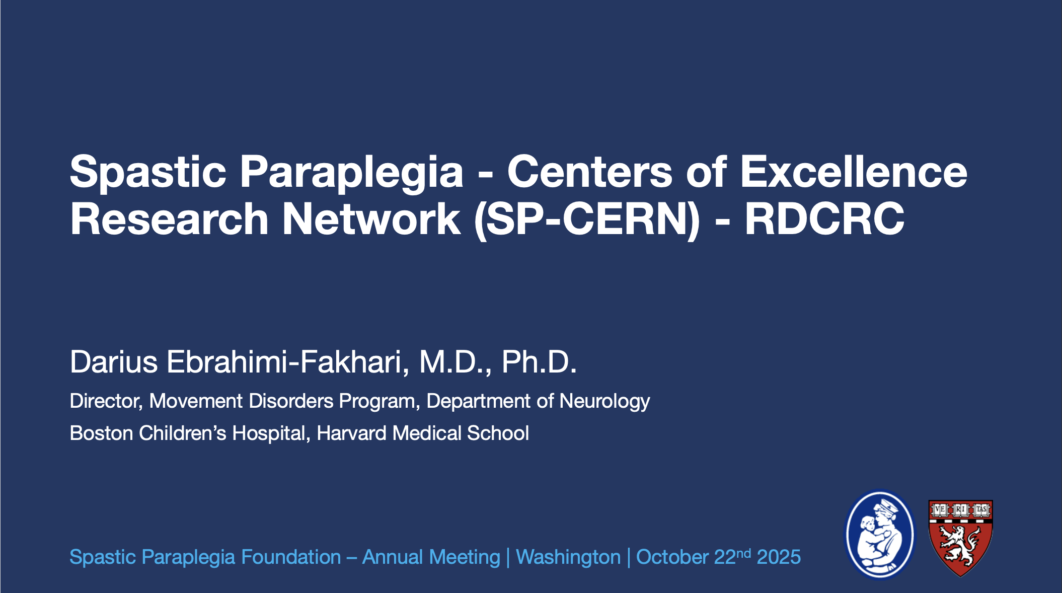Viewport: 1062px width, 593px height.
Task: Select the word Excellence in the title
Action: [x=853, y=171]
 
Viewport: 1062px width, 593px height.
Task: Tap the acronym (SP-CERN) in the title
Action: [x=587, y=219]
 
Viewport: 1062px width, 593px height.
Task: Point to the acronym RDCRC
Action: [x=824, y=219]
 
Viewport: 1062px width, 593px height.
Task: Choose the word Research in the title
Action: [x=170, y=219]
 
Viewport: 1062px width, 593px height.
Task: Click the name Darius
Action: [x=114, y=361]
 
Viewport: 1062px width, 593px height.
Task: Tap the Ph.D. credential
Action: [x=539, y=361]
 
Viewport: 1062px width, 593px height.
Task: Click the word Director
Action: [x=107, y=401]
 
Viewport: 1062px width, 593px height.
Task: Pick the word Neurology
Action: [x=604, y=402]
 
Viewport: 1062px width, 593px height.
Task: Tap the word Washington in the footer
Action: [x=568, y=557]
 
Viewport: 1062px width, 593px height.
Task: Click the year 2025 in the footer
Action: [x=779, y=557]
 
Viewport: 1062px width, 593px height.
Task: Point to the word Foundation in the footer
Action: [x=291, y=557]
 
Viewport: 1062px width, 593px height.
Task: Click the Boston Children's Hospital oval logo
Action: [x=880, y=535]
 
